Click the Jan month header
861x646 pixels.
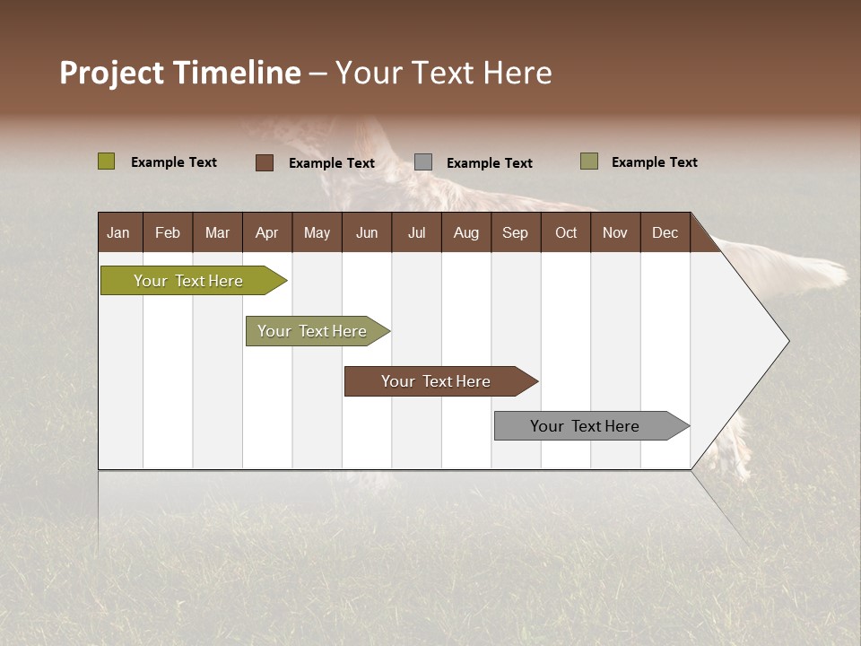click(x=118, y=232)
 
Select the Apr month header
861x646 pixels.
click(x=266, y=232)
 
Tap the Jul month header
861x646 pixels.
click(x=416, y=232)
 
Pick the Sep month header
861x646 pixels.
click(x=515, y=232)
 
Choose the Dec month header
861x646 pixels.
click(x=665, y=232)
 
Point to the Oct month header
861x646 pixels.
click(x=566, y=232)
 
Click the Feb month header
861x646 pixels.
click(x=168, y=232)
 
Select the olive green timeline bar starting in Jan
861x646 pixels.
click(x=188, y=281)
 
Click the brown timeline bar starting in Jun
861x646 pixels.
click(x=436, y=381)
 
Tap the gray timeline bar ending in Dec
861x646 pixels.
click(x=585, y=426)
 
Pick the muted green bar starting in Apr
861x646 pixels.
click(x=312, y=331)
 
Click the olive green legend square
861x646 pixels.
click(x=106, y=161)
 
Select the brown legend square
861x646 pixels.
click(x=265, y=162)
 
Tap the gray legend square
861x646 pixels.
click(x=423, y=162)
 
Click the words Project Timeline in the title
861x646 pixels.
click(x=179, y=73)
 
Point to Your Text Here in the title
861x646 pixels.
click(x=443, y=73)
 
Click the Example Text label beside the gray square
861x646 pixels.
click(x=489, y=163)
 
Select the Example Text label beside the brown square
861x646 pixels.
click(x=331, y=163)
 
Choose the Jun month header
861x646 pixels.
click(x=367, y=232)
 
